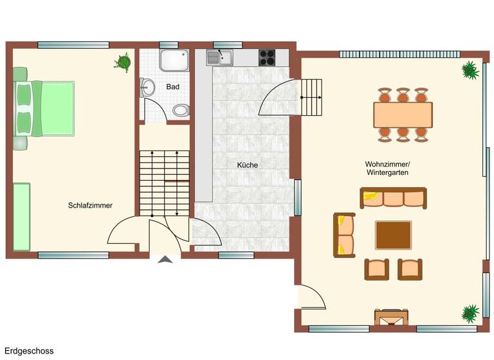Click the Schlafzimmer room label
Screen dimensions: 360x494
click(90, 206)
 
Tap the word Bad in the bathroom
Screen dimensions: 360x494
click(172, 87)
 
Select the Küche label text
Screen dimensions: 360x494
click(248, 165)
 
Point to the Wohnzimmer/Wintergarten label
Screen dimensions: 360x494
click(387, 168)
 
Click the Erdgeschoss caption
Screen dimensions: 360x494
click(29, 351)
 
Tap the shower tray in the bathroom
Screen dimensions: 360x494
click(174, 60)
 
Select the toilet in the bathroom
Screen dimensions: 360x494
click(181, 110)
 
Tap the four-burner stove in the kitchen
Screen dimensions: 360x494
click(267, 58)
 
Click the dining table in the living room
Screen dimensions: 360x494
click(403, 115)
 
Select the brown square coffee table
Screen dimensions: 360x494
click(394, 235)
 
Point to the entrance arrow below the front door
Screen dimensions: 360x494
click(165, 260)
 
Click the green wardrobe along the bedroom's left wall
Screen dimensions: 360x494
click(21, 217)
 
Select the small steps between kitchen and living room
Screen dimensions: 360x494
click(312, 96)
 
